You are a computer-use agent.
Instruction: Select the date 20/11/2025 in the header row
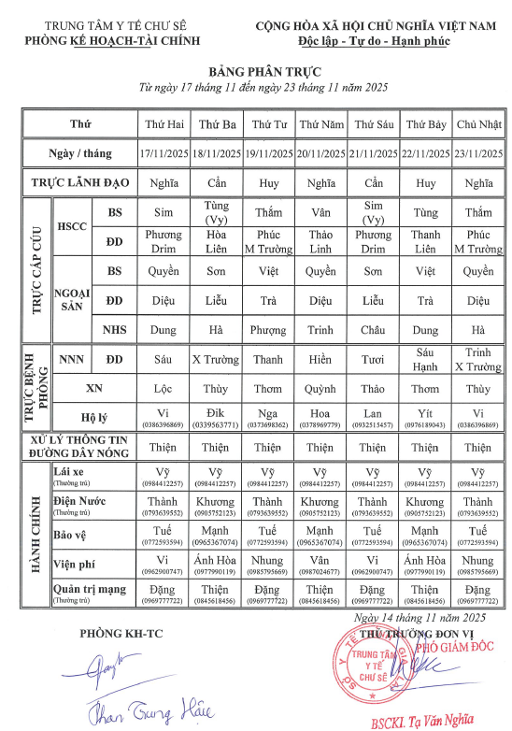(x=320, y=152)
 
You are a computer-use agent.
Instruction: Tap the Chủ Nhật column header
(x=478, y=124)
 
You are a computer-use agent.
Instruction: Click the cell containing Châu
(x=374, y=329)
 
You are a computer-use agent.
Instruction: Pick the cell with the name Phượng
(x=269, y=329)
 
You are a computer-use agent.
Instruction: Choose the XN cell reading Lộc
(x=163, y=388)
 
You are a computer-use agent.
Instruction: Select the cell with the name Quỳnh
(x=320, y=388)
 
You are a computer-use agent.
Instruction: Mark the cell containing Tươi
(x=374, y=359)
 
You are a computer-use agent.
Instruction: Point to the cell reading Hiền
(x=320, y=359)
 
